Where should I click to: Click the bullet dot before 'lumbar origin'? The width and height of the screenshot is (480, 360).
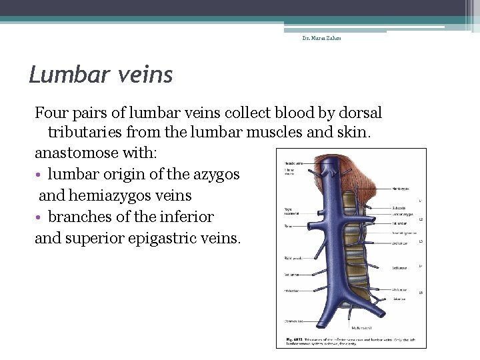pyautogui.click(x=39, y=175)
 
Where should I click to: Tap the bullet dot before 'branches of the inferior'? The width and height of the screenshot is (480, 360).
pyautogui.click(x=39, y=217)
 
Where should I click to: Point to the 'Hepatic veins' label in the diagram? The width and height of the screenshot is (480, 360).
pyautogui.click(x=294, y=163)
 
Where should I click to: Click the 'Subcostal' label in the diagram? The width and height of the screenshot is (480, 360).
pyautogui.click(x=400, y=207)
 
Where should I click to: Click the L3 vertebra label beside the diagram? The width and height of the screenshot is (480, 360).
pyautogui.click(x=421, y=241)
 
